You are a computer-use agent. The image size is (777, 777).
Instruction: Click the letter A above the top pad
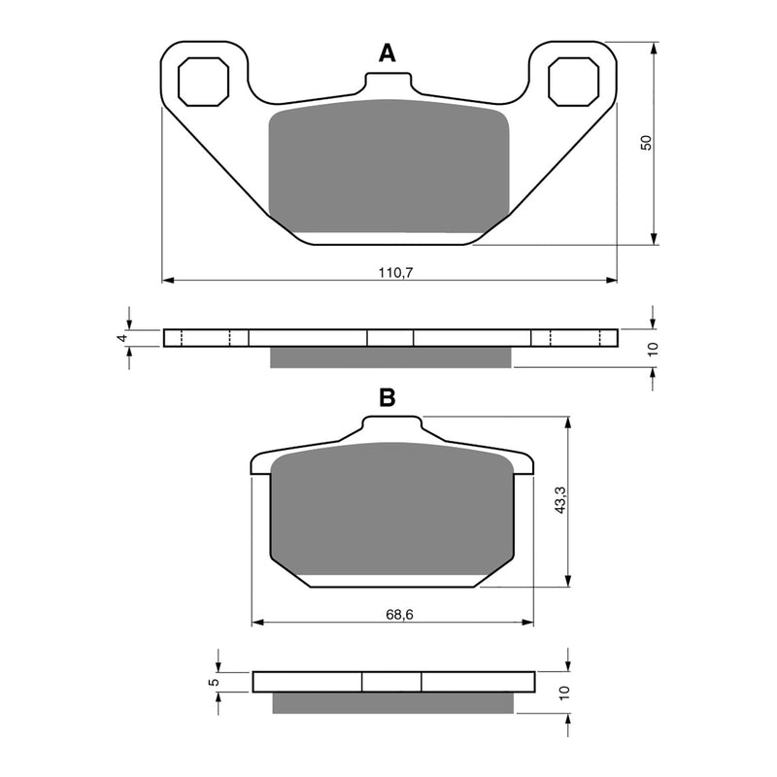pyautogui.click(x=388, y=54)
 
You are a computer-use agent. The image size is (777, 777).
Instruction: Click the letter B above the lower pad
pyautogui.click(x=387, y=396)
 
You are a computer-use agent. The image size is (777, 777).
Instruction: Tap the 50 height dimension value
pyautogui.click(x=644, y=142)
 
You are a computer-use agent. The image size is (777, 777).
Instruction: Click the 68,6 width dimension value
pyautogui.click(x=393, y=614)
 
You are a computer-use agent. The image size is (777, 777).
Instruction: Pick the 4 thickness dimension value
pyautogui.click(x=120, y=337)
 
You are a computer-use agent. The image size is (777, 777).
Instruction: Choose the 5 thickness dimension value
pyautogui.click(x=214, y=683)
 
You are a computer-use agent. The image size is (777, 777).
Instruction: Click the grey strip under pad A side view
pyautogui.click(x=389, y=358)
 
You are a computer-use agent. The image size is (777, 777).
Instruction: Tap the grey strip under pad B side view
pyautogui.click(x=393, y=702)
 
